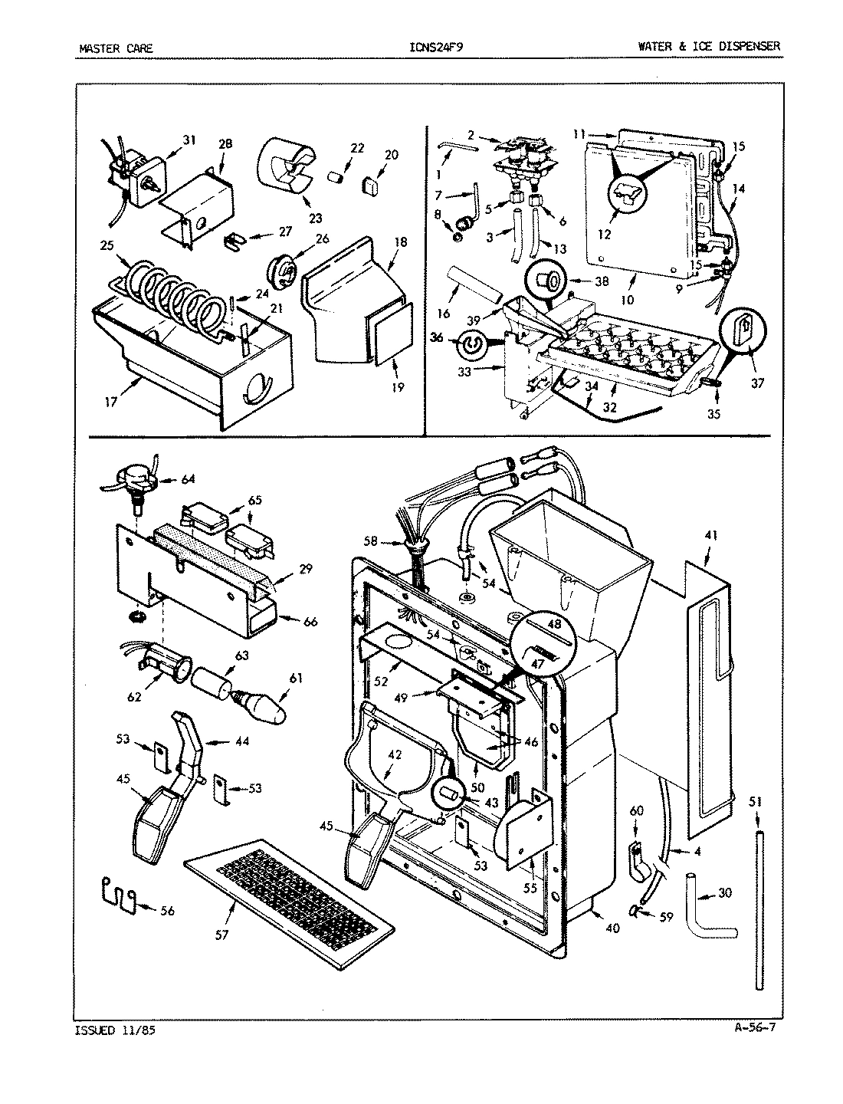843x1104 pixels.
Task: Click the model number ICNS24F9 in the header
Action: click(x=436, y=48)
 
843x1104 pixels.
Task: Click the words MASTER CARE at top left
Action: click(x=116, y=48)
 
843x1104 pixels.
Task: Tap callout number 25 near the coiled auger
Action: click(x=106, y=245)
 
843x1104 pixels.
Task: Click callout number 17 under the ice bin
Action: click(x=112, y=401)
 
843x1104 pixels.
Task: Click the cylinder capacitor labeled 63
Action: click(x=212, y=682)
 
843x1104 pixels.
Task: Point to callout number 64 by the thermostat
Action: click(x=187, y=480)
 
